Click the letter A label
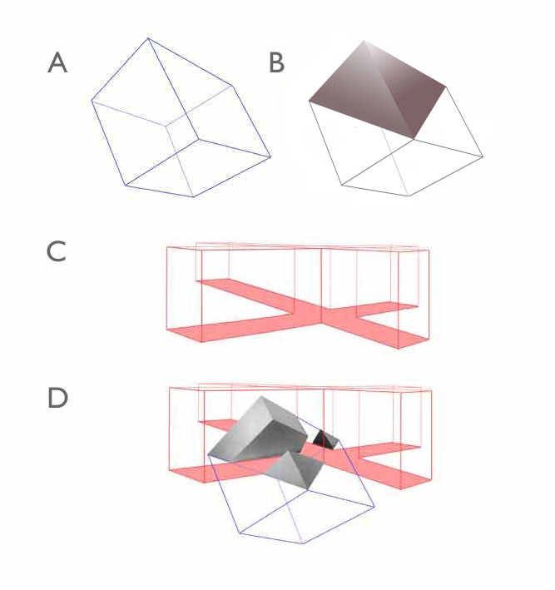(x=57, y=62)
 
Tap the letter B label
(x=276, y=62)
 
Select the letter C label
(x=57, y=252)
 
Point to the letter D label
(x=57, y=398)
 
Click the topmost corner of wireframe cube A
(x=148, y=38)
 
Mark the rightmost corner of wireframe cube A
(x=270, y=156)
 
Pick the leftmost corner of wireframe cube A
(x=92, y=101)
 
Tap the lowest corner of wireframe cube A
(x=193, y=196)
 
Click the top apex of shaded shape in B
(x=364, y=40)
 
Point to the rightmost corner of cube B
(x=483, y=156)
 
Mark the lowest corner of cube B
(x=409, y=196)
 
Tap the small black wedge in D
(x=324, y=439)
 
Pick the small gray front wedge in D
(x=295, y=470)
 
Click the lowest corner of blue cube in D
(x=303, y=543)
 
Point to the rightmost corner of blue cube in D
(x=374, y=507)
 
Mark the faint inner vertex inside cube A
(x=166, y=124)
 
